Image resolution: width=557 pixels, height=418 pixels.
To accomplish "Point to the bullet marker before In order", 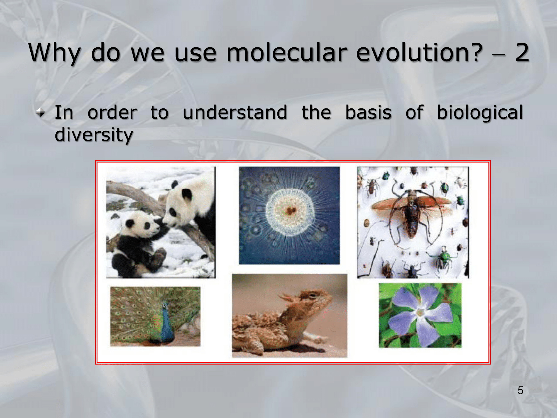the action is [x=41, y=113].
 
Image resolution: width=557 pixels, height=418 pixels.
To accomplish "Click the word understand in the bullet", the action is [x=235, y=112].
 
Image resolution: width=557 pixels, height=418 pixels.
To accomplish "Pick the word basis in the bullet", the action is [x=368, y=112].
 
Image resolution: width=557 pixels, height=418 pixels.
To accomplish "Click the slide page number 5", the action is [x=521, y=390].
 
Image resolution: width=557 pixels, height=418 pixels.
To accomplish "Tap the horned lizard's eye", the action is [x=312, y=295].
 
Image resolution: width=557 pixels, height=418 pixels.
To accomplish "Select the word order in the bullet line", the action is [x=112, y=112].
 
